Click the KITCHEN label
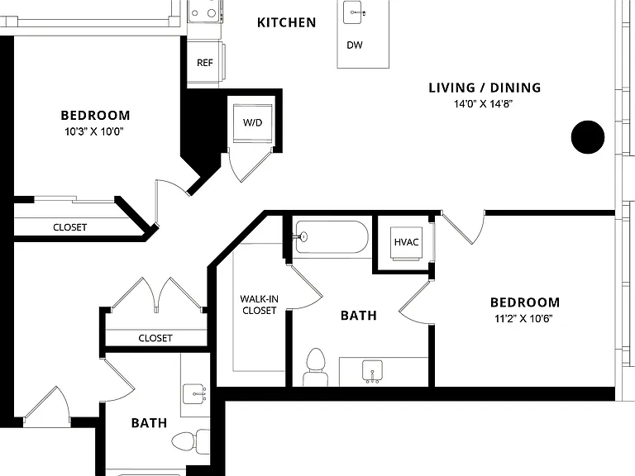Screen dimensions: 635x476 (x=286, y=22)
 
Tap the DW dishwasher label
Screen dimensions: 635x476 (x=355, y=45)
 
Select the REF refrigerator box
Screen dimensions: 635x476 (x=204, y=62)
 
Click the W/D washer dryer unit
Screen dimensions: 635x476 (x=252, y=123)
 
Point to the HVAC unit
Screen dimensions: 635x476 (x=406, y=243)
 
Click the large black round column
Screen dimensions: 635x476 (x=588, y=137)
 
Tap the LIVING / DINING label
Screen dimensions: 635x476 (x=485, y=88)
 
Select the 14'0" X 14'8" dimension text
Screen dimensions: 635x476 (x=483, y=104)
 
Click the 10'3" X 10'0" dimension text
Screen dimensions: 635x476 (x=94, y=131)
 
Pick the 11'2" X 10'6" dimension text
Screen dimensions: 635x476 (x=523, y=318)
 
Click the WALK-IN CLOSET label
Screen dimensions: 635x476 (x=259, y=305)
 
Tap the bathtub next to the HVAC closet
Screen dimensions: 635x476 (x=332, y=237)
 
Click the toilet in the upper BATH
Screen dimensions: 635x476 (x=316, y=367)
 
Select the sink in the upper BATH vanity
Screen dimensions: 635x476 (x=372, y=371)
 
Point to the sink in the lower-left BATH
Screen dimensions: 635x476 (x=195, y=394)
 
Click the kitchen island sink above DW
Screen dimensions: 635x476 (x=353, y=12)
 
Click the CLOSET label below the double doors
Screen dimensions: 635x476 (x=155, y=338)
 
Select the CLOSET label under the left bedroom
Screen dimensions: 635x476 (x=70, y=227)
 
